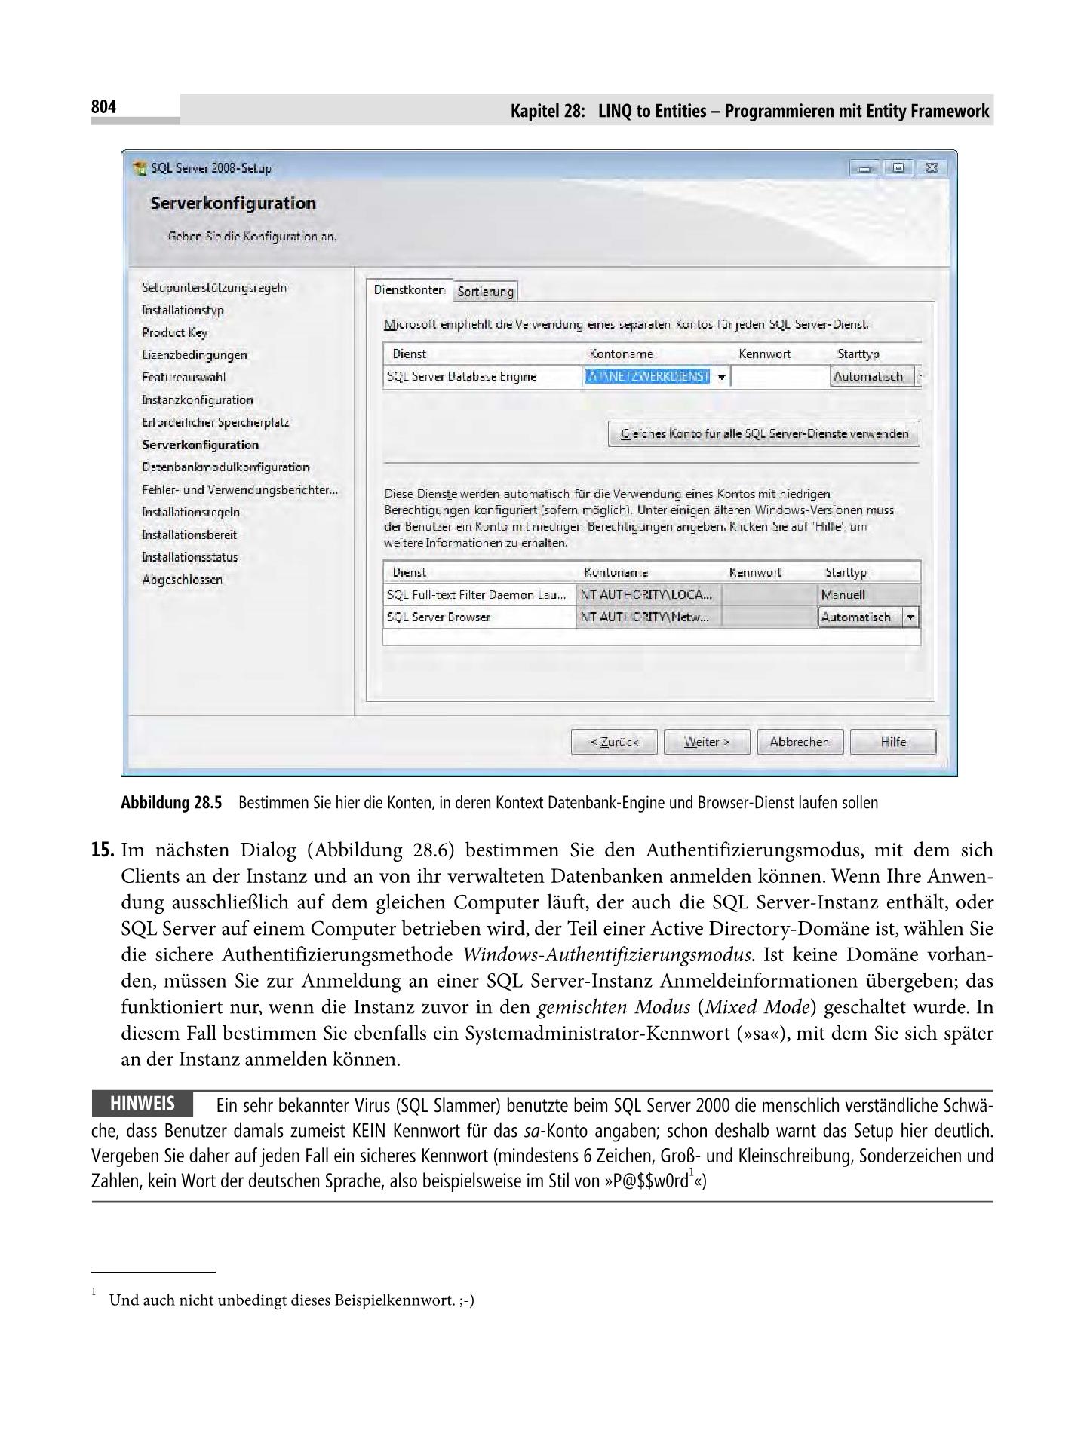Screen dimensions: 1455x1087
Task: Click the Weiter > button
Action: click(x=707, y=742)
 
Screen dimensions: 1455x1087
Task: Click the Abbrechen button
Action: click(x=799, y=742)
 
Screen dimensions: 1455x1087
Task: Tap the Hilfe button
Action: click(x=892, y=742)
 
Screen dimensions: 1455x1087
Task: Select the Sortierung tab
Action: click(x=486, y=292)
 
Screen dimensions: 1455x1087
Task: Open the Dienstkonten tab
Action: click(x=409, y=290)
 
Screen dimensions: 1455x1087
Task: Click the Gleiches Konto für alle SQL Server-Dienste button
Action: click(x=763, y=434)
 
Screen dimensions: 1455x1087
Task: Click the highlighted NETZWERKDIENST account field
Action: click(x=647, y=376)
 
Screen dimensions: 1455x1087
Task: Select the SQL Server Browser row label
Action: click(x=438, y=617)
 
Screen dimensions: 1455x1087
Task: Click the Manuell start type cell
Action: click(x=867, y=595)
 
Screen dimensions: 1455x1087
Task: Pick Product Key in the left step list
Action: click(x=174, y=332)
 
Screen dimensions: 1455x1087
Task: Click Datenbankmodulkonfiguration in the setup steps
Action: click(x=226, y=467)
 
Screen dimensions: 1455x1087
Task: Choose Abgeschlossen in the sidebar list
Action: click(x=183, y=580)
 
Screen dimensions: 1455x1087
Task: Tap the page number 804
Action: click(x=103, y=107)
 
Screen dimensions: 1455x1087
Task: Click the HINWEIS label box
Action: click(x=142, y=1104)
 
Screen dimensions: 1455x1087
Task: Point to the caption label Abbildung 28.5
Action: click(x=171, y=803)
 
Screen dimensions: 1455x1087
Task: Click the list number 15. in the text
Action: click(x=102, y=850)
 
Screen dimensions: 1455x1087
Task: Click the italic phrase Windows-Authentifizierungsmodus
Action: click(x=607, y=955)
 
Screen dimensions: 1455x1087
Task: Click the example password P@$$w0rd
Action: click(x=646, y=1181)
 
